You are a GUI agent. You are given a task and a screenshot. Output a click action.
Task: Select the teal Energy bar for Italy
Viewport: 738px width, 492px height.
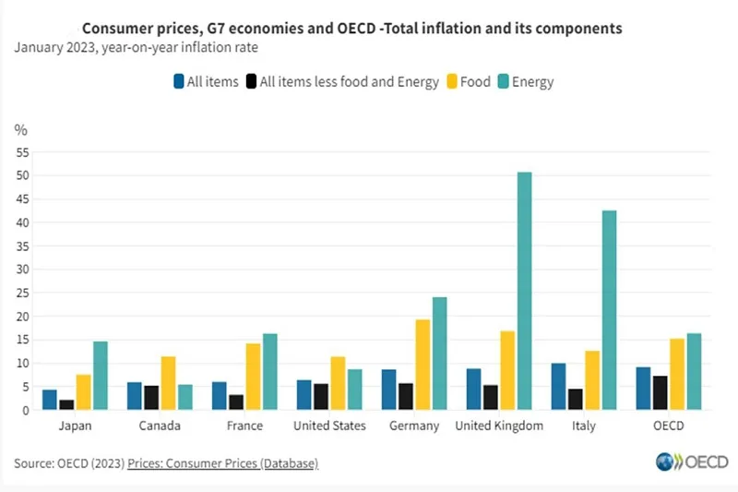[x=609, y=310]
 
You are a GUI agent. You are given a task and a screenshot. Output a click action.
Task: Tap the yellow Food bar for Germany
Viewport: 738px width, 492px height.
[x=423, y=365]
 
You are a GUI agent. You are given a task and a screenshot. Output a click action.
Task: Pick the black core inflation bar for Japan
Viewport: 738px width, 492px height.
[x=66, y=404]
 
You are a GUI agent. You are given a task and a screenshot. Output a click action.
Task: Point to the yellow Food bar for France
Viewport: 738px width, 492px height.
[x=253, y=377]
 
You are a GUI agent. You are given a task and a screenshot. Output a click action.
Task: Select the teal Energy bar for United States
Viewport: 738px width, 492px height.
[x=355, y=390]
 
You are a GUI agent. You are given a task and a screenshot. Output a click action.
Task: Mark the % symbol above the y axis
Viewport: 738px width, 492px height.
[x=21, y=130]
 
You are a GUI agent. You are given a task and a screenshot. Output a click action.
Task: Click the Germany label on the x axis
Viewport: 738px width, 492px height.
[x=414, y=426]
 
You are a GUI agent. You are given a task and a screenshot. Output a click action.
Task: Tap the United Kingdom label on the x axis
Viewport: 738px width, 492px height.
[x=499, y=426]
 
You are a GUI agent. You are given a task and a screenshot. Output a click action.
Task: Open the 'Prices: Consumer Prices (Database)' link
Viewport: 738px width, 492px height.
[x=222, y=462]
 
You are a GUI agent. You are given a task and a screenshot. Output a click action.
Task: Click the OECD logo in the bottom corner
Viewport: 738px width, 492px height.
[x=692, y=462]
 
